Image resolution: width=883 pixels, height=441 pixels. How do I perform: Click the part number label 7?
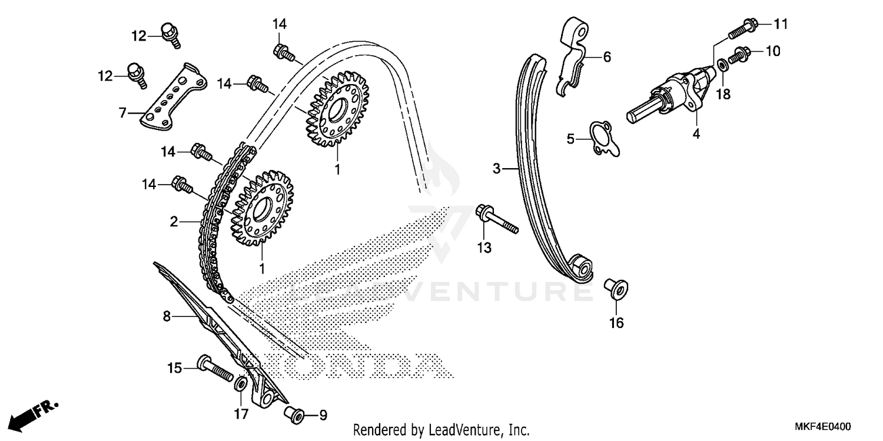[122, 112]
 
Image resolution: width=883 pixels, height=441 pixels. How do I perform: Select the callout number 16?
[616, 323]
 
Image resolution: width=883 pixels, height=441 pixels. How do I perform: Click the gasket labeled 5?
[603, 139]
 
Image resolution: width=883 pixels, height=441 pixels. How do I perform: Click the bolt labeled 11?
[743, 28]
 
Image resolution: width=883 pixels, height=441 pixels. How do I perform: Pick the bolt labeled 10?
[739, 55]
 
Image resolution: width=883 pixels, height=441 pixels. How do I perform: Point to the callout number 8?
[167, 316]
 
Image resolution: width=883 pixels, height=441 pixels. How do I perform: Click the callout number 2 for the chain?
[174, 222]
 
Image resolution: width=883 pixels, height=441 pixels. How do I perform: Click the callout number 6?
[607, 57]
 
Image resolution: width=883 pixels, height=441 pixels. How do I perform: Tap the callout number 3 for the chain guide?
[496, 169]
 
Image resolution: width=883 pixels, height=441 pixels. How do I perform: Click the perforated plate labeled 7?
[173, 97]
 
